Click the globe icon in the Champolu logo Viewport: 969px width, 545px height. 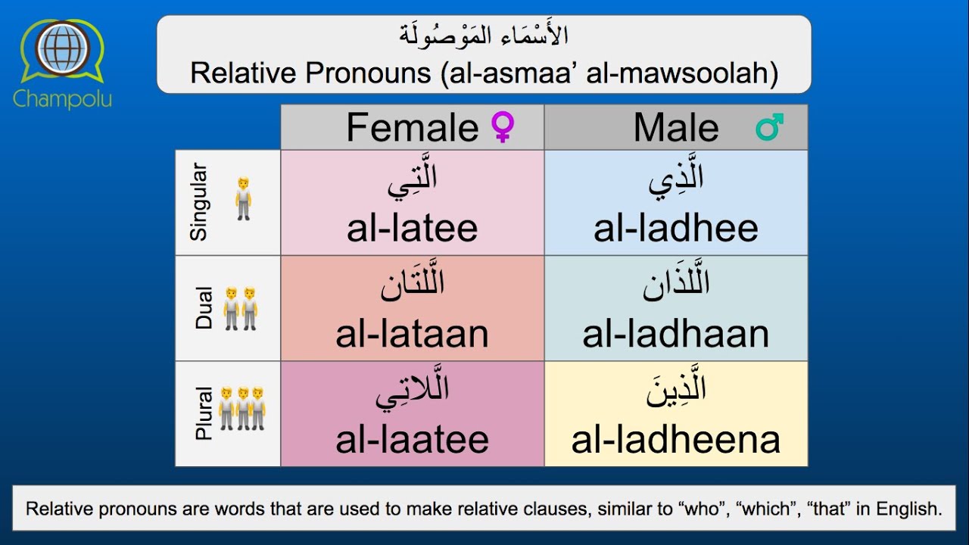[63, 50]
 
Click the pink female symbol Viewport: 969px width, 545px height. [503, 127]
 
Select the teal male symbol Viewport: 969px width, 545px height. [769, 127]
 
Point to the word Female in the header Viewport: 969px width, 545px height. [412, 127]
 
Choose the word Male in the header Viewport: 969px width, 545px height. [676, 127]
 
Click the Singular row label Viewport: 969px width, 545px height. [198, 203]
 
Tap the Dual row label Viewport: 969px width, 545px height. [204, 308]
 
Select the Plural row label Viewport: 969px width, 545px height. [204, 413]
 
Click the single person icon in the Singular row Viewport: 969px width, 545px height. [243, 200]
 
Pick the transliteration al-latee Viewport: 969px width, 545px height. [412, 229]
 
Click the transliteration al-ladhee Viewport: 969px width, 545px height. [675, 229]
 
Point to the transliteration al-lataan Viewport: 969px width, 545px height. [412, 335]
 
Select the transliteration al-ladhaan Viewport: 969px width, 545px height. [675, 335]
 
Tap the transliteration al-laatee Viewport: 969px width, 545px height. [412, 440]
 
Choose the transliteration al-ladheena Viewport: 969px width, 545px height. [675, 440]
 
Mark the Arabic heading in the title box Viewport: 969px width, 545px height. [484, 35]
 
